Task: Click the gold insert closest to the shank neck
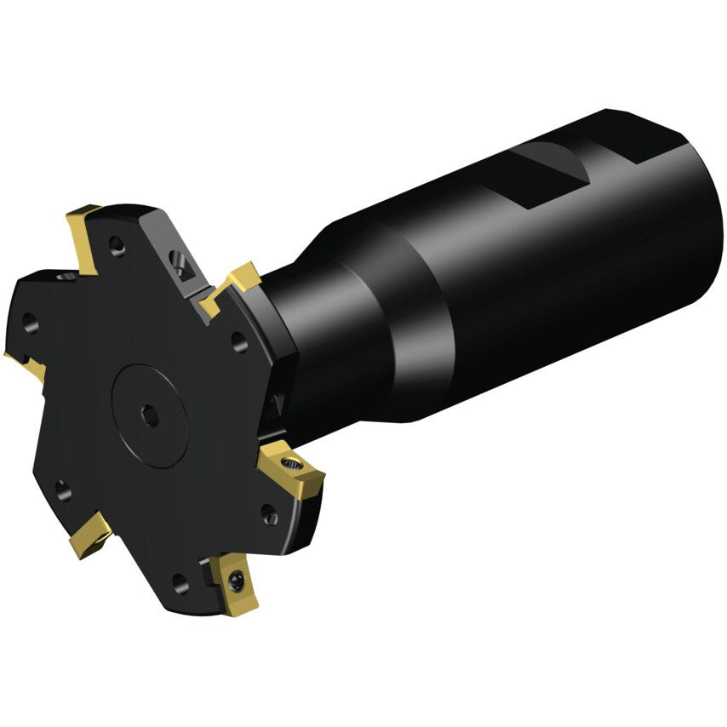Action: (232, 283)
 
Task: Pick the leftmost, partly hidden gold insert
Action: (26, 363)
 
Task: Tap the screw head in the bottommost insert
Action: (238, 582)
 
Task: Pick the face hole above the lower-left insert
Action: (60, 489)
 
